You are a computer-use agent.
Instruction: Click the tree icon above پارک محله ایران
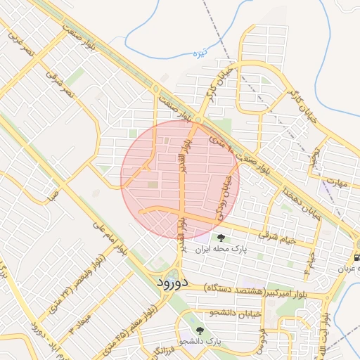(222, 238)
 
